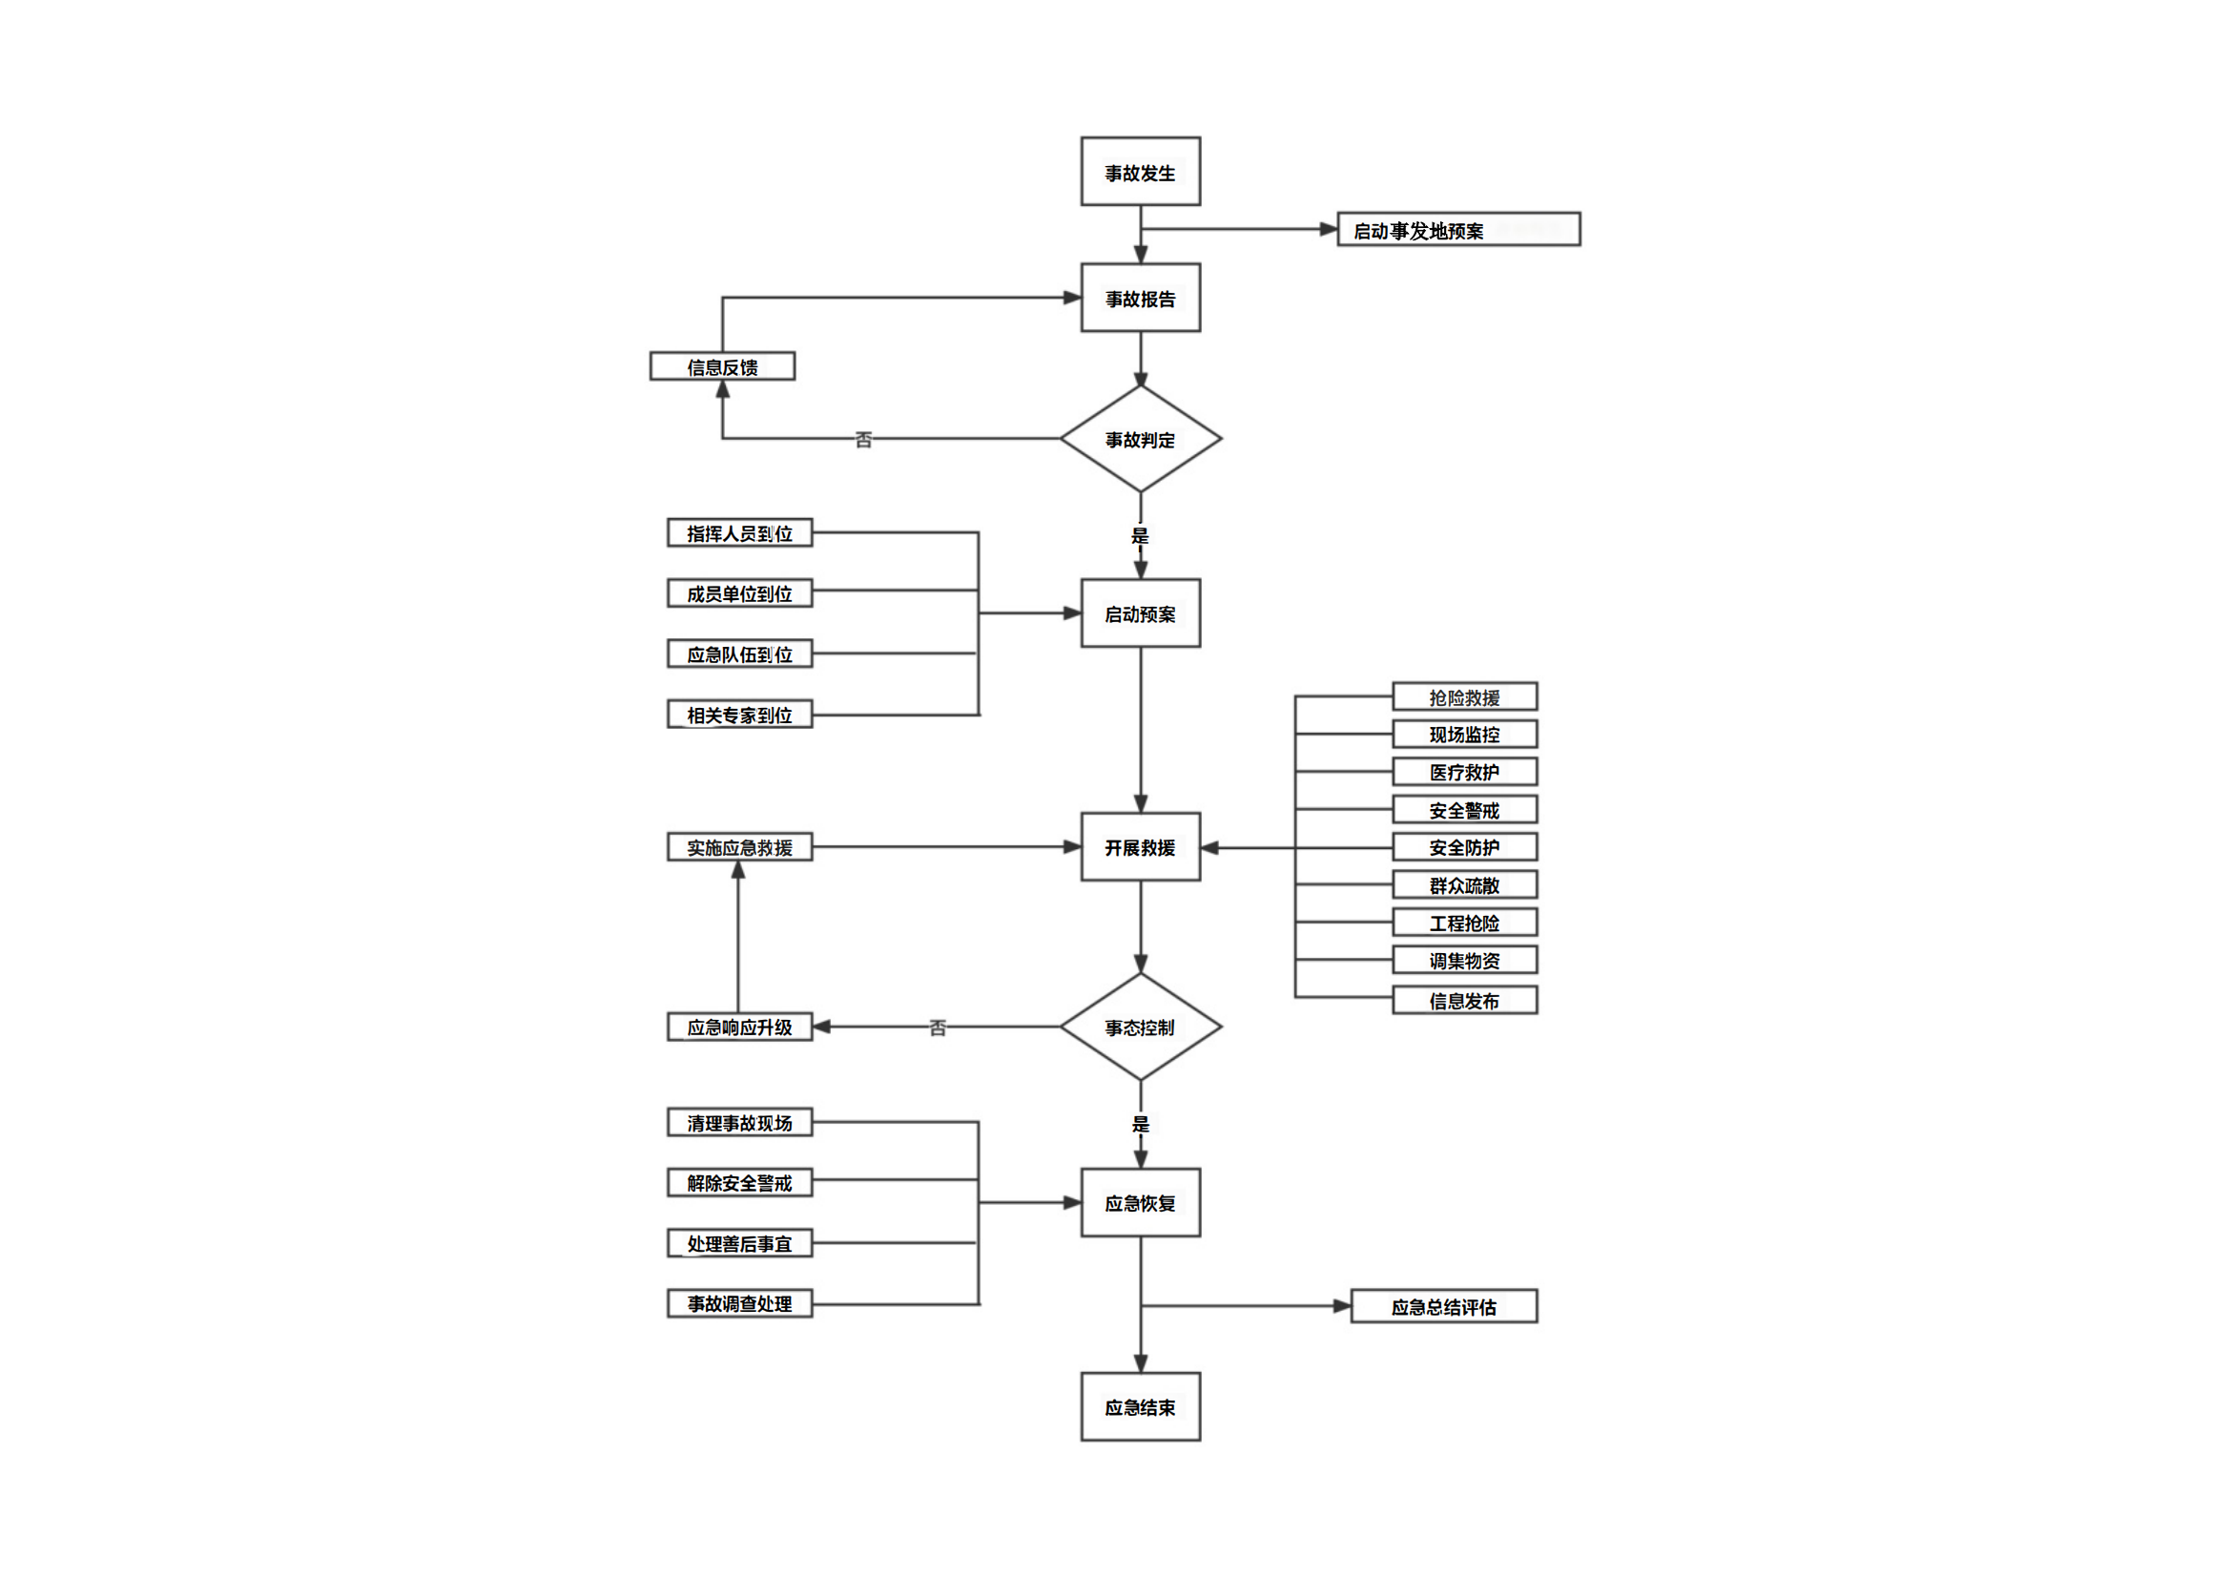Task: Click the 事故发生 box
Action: pos(1140,172)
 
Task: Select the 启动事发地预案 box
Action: pos(1457,230)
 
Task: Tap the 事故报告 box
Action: pos(1140,299)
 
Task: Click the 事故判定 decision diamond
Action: pos(1140,439)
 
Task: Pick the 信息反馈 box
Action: pos(722,367)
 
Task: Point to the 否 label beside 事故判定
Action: pos(863,440)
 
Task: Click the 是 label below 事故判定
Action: pos(1140,535)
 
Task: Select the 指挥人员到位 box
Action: pos(739,533)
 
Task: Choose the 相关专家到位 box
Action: pos(739,716)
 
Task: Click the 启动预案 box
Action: pos(1140,614)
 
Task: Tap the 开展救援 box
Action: pos(1140,847)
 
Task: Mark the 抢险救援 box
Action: pos(1464,697)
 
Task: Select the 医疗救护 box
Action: pos(1464,773)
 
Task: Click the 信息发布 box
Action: pos(1464,1001)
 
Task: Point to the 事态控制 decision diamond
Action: pos(1140,1028)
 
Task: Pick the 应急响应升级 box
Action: pos(739,1028)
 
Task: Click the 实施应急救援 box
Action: pos(739,847)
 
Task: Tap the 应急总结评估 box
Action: pos(1443,1307)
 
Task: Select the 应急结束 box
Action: pos(1140,1407)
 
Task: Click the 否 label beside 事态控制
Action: pos(937,1028)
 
